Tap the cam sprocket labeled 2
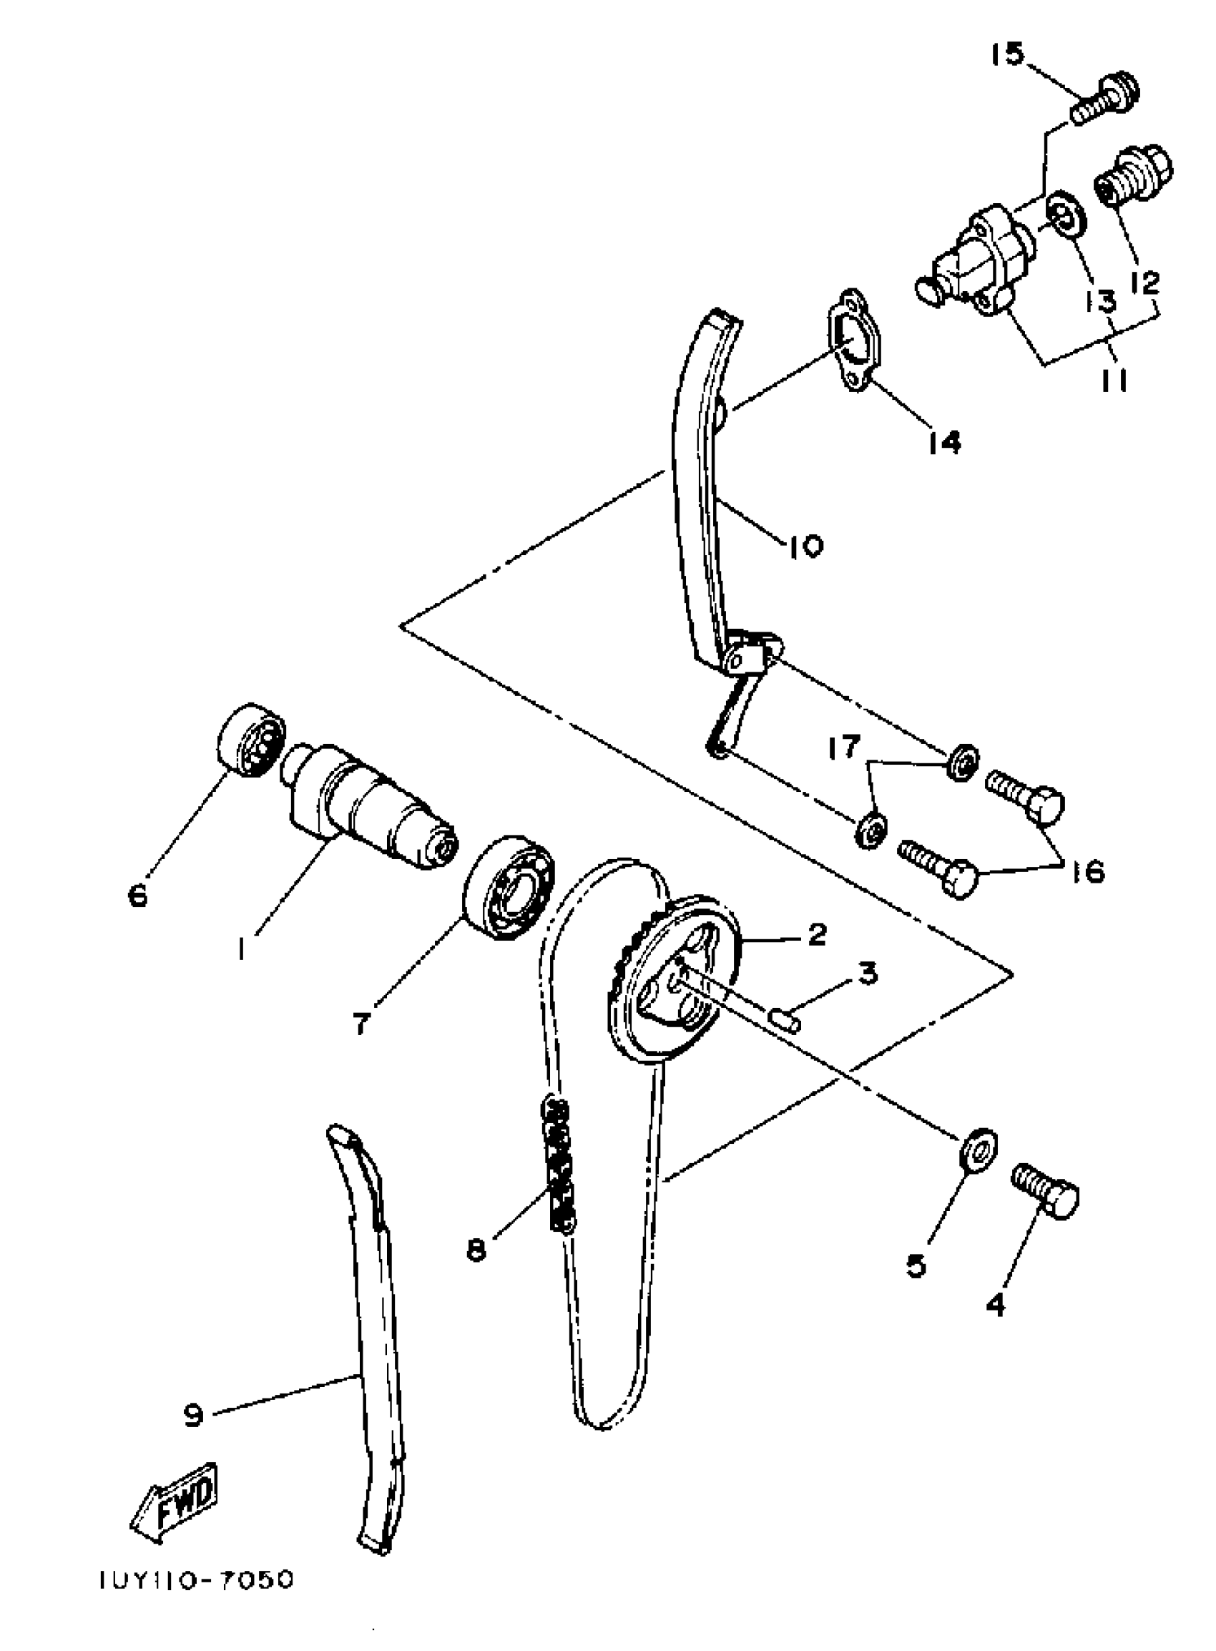coord(674,979)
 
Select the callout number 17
coord(843,747)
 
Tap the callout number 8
coord(477,1248)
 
